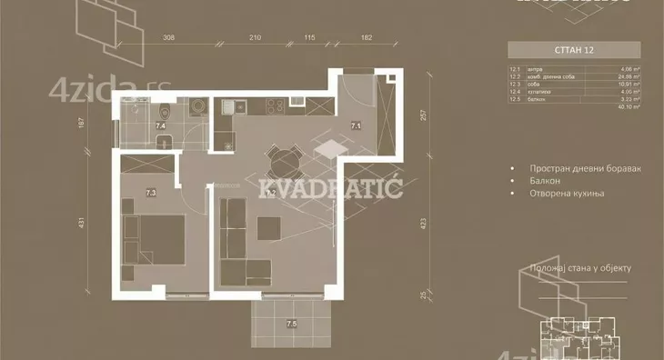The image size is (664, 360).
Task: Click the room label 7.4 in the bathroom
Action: (160, 127)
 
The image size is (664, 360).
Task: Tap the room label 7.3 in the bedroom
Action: (151, 192)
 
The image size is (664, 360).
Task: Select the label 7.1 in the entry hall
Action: (357, 127)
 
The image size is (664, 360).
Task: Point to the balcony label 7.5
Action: (291, 323)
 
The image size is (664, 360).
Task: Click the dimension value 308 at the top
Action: (168, 37)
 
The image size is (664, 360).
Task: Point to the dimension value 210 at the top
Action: (255, 37)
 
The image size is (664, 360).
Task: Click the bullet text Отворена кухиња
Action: (569, 194)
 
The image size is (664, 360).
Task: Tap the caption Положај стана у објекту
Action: (579, 268)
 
